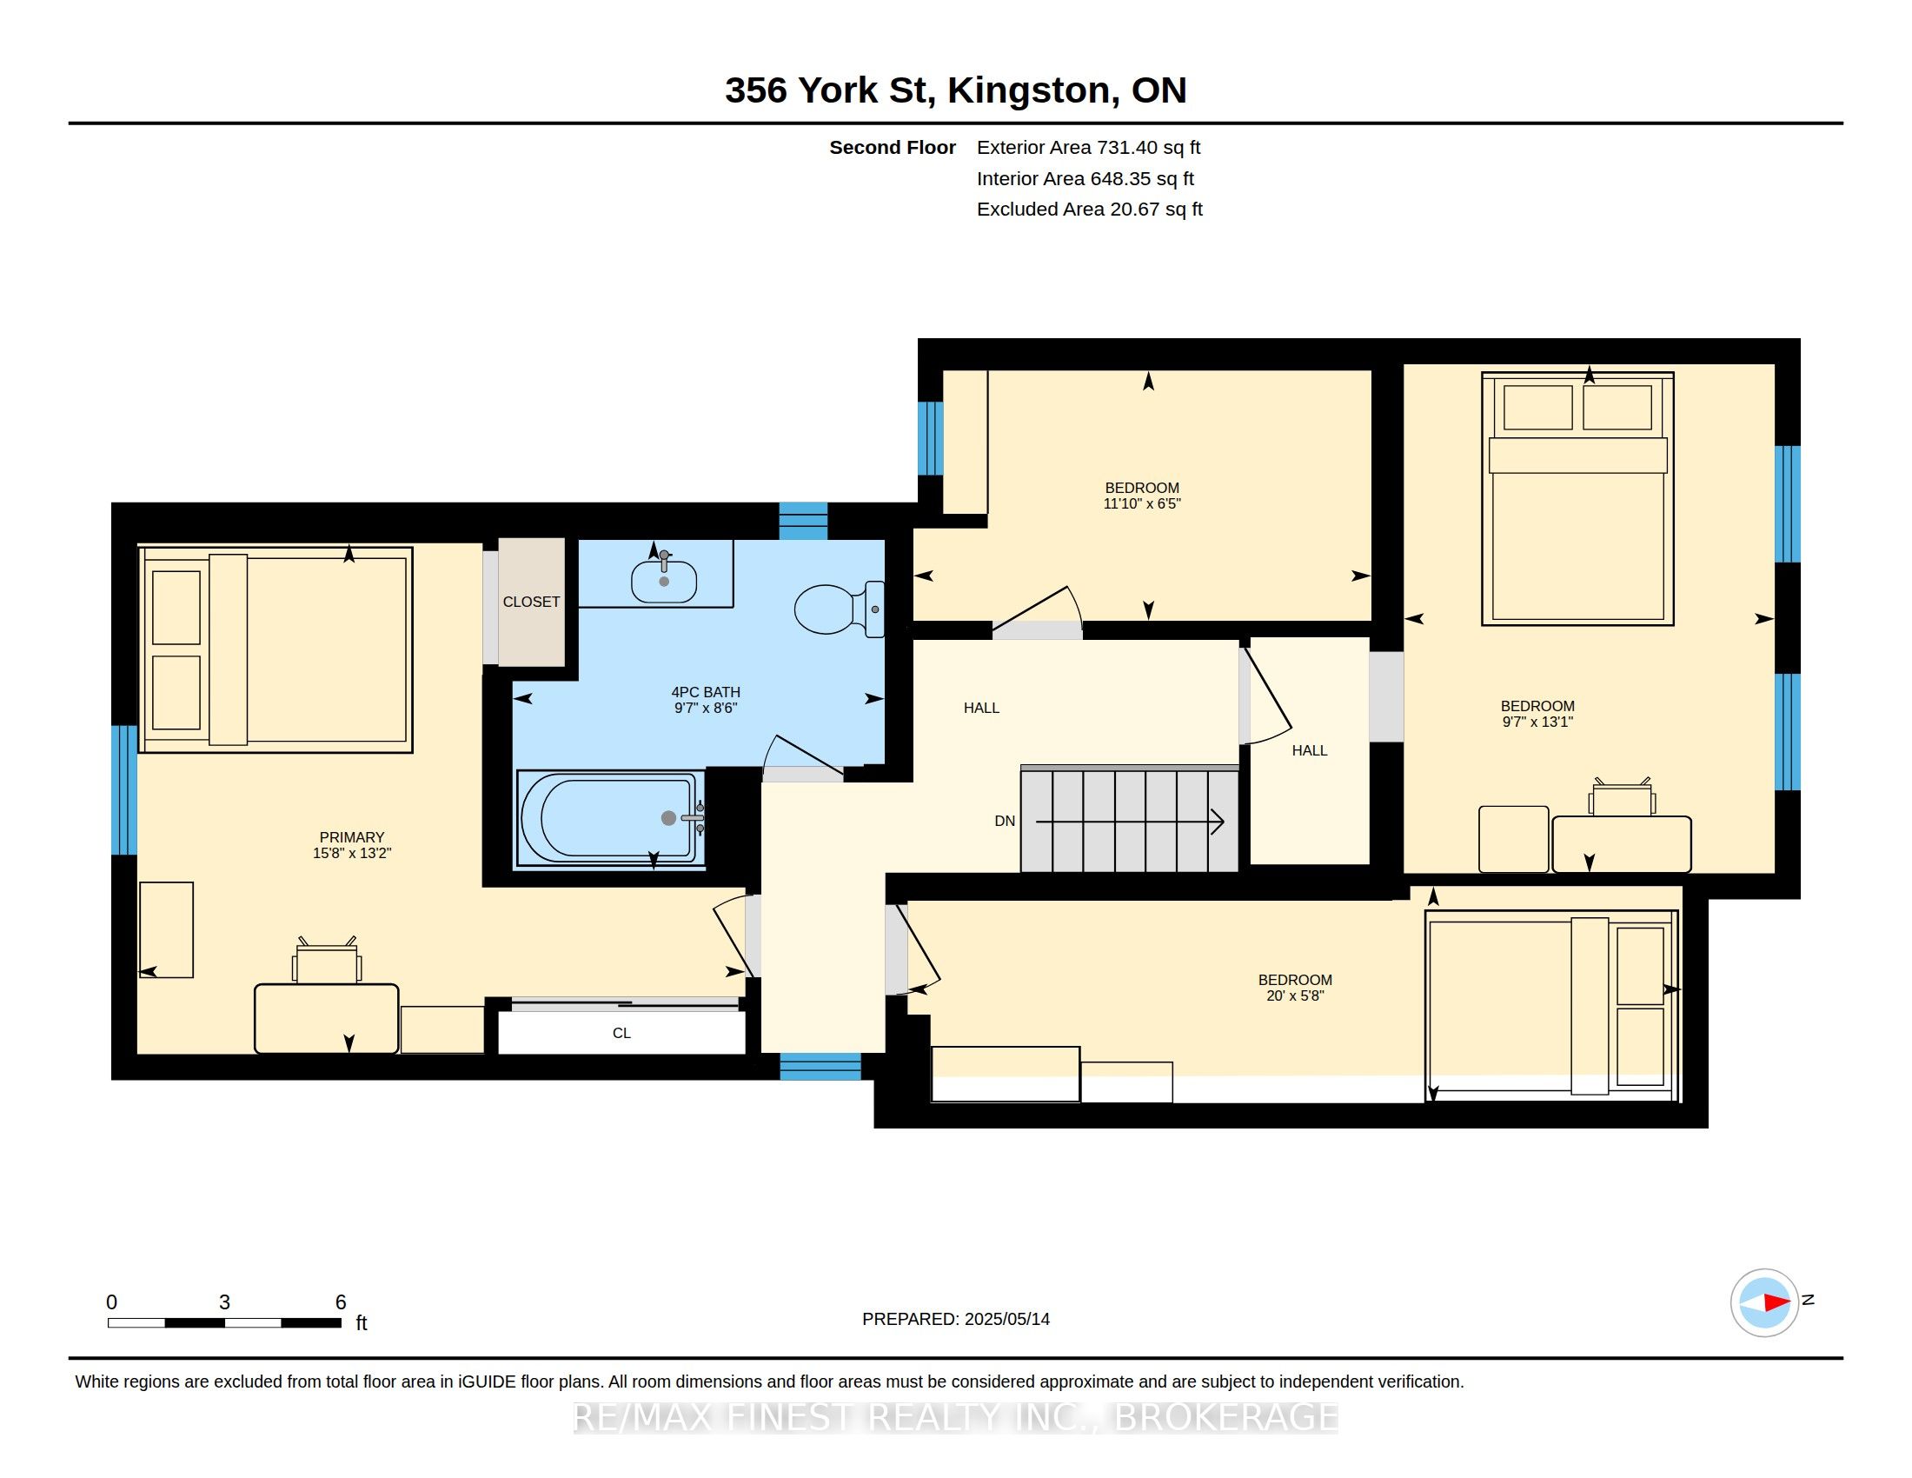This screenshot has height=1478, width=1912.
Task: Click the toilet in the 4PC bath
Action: (839, 609)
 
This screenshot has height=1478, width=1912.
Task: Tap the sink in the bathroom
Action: (664, 580)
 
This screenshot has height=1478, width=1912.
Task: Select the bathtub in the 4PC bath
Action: (611, 818)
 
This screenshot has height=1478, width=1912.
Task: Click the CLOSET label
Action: (531, 602)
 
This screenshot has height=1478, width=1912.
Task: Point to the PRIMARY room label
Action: (352, 837)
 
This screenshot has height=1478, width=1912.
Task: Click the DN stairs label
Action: (1005, 821)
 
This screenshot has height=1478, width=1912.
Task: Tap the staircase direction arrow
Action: (1129, 822)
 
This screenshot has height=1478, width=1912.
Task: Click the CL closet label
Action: (621, 1033)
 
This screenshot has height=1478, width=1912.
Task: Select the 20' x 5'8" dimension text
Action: (1295, 995)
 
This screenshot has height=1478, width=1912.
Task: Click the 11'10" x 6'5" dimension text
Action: (1142, 503)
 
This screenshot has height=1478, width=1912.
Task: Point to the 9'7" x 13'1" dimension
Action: (1537, 722)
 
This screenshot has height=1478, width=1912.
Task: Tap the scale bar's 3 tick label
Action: (224, 1302)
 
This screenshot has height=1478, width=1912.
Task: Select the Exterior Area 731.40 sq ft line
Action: (1088, 147)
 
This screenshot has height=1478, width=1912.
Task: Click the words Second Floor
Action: (892, 147)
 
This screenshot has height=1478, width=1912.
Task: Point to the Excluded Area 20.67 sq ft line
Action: (1090, 209)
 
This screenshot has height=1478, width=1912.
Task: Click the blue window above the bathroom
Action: (804, 521)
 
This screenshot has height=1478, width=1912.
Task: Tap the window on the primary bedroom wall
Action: (124, 789)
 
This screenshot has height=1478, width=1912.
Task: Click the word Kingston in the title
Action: (1029, 90)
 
